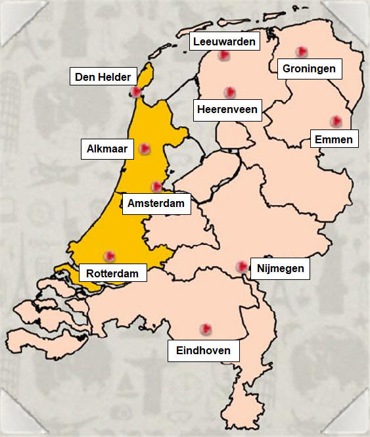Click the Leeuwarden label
pos(225,41)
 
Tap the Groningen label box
pos(309,68)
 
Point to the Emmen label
pos(334,139)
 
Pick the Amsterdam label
pos(156,204)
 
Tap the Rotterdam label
pos(112,273)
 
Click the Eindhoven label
pos(204,350)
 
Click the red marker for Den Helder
pos(136,92)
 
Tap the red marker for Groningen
pos(301,51)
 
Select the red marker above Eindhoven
pos(205,328)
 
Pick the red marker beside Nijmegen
pos(241,266)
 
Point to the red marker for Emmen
pos(336,121)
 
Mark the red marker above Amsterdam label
pos(156,187)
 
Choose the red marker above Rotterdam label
pos(109,256)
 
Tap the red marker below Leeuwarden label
pos(224,56)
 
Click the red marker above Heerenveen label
pos(229,92)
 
